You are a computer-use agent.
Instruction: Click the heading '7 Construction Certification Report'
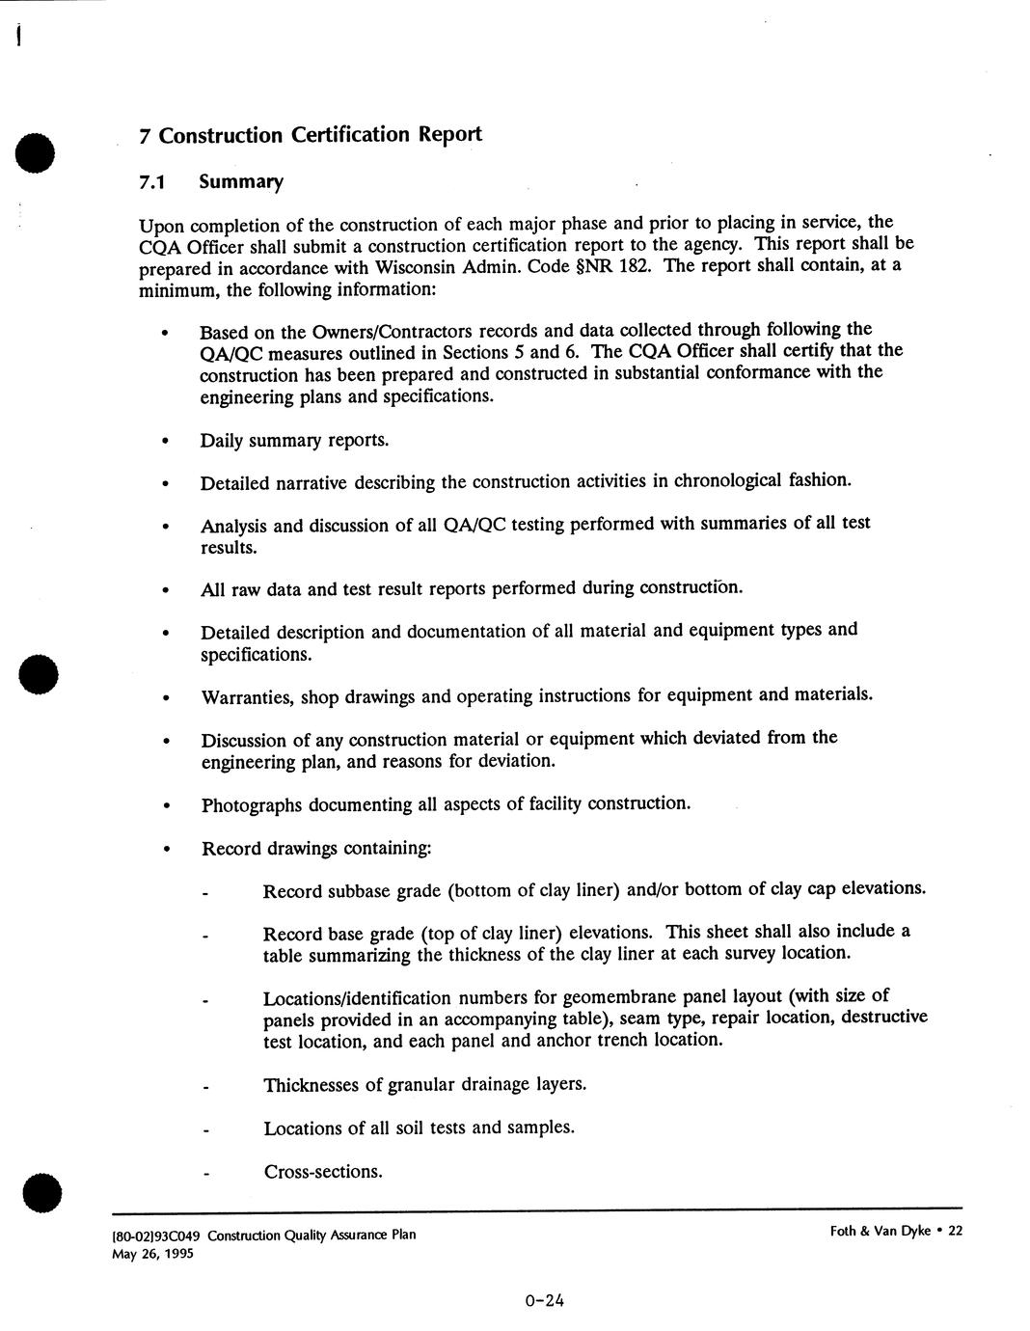[x=310, y=135]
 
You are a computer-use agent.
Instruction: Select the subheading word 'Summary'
[x=240, y=182]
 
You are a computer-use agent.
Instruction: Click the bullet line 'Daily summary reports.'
[x=294, y=441]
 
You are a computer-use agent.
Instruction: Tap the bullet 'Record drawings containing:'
[x=315, y=849]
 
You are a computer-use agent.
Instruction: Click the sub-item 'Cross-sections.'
[x=323, y=1172]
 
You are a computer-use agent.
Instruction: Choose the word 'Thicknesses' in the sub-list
[x=311, y=1085]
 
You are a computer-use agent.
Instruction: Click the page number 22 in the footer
[x=955, y=1232]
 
